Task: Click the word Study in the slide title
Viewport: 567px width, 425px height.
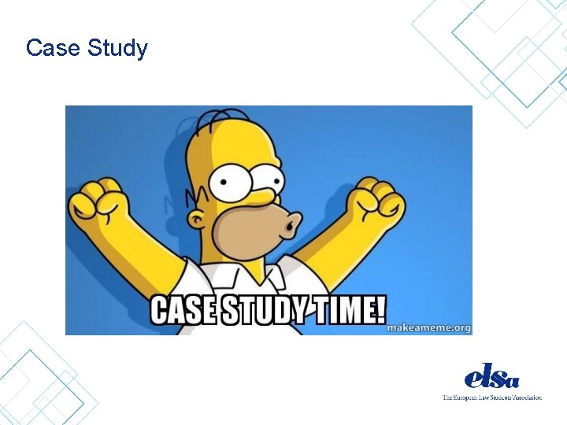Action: pos(117,50)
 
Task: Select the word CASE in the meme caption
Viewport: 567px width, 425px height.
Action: pos(183,311)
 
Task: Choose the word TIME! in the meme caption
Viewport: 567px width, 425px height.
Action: pos(346,311)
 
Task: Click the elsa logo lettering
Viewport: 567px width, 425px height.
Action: pos(492,375)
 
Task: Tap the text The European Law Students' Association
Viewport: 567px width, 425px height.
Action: pos(492,397)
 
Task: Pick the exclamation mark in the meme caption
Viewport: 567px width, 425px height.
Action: pos(381,310)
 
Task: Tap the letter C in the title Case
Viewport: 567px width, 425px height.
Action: pos(33,49)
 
